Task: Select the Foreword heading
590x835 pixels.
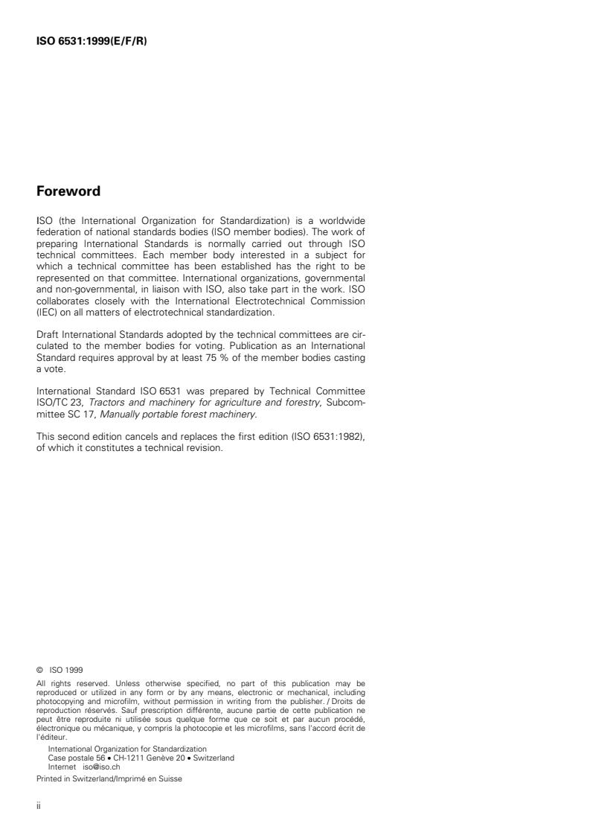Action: tap(68, 191)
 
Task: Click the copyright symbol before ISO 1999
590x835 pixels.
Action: tap(39, 669)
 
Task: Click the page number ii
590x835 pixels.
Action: tap(39, 807)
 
